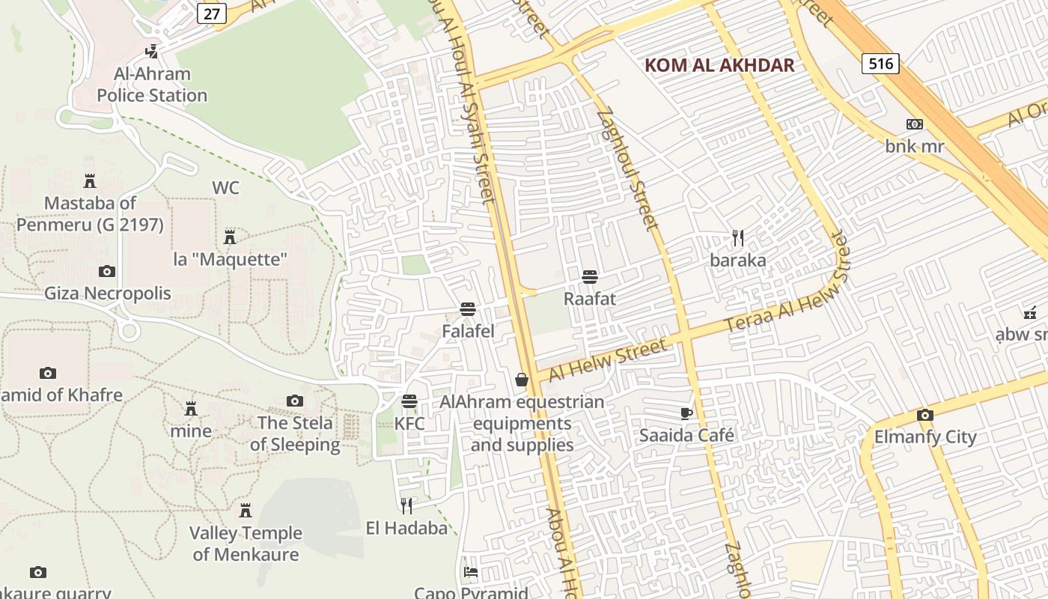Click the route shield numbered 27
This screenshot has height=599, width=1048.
[x=212, y=13]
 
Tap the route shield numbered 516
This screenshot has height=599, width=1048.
[x=880, y=64]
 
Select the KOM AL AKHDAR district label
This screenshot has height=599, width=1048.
[x=719, y=65]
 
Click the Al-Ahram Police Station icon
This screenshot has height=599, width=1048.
[x=152, y=52]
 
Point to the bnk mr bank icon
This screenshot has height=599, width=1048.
[x=914, y=124]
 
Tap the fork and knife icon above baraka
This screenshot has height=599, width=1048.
[x=738, y=238]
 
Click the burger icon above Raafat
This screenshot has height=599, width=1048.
[x=590, y=277]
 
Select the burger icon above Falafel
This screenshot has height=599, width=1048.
[x=469, y=309]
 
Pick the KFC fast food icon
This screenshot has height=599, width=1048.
[x=409, y=402]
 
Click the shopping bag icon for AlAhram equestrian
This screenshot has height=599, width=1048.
[x=522, y=380]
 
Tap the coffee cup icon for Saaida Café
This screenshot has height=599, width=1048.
[x=686, y=413]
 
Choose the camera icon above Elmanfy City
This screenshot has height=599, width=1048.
[x=925, y=415]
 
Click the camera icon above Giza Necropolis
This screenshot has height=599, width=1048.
[x=107, y=271]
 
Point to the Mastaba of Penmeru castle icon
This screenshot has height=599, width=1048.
[x=90, y=181]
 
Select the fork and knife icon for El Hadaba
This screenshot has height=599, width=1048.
[x=406, y=506]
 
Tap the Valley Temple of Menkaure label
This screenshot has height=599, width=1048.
[x=246, y=544]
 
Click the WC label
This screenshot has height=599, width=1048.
[x=225, y=187]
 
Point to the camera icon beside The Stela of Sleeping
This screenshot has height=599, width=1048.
[x=295, y=401]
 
